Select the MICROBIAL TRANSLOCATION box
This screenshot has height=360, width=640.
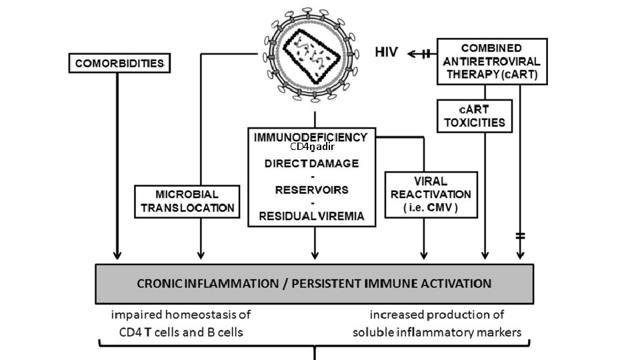pyautogui.click(x=187, y=201)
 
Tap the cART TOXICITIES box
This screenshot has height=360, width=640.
pyautogui.click(x=475, y=116)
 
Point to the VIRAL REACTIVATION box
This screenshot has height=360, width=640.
pyautogui.click(x=431, y=195)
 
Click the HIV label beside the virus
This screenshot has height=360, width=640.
pyautogui.click(x=387, y=53)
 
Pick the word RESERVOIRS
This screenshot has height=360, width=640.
pyautogui.click(x=311, y=189)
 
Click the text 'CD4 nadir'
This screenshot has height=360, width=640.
pyautogui.click(x=311, y=147)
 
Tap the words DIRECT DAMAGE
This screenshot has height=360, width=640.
pyautogui.click(x=311, y=163)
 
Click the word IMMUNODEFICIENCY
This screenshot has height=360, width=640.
pyautogui.click(x=311, y=137)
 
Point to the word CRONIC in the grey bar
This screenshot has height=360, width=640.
pyautogui.click(x=160, y=283)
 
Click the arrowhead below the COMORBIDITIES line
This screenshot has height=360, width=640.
pyautogui.click(x=117, y=255)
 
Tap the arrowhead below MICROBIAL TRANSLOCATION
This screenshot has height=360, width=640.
pyautogui.click(x=201, y=255)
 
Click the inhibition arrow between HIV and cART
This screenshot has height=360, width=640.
pyautogui.click(x=420, y=54)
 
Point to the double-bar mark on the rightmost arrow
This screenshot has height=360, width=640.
pyautogui.click(x=520, y=235)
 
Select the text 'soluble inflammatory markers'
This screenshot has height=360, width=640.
pyautogui.click(x=437, y=331)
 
